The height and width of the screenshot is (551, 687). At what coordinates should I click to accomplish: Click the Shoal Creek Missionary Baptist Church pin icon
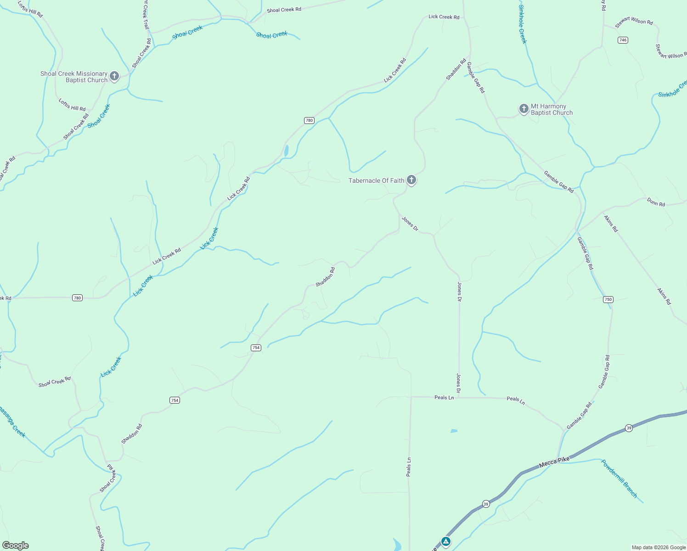tap(114, 76)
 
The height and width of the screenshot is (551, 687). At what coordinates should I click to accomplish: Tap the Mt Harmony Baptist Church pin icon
tap(524, 109)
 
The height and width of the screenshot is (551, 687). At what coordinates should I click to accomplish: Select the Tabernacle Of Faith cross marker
tap(411, 180)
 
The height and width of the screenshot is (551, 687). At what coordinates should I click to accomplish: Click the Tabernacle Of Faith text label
tap(376, 180)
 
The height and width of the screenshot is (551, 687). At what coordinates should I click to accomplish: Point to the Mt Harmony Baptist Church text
tap(552, 109)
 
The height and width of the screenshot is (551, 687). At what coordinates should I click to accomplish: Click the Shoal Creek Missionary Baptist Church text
tap(73, 77)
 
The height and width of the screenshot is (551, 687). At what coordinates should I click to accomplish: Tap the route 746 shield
tap(622, 40)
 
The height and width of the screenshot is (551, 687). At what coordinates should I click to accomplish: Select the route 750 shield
tap(608, 299)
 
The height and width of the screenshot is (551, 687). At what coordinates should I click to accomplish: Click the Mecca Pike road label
tap(554, 462)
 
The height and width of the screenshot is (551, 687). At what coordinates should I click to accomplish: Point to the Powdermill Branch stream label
tap(619, 478)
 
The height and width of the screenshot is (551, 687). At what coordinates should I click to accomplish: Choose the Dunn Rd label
tap(656, 202)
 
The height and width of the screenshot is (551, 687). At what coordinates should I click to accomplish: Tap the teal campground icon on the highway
tap(445, 542)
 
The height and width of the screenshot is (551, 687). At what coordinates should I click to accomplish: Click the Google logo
tap(16, 545)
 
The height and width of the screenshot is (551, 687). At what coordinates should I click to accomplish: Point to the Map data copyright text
tap(659, 547)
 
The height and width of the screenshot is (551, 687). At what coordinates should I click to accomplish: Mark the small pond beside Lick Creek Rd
tap(286, 151)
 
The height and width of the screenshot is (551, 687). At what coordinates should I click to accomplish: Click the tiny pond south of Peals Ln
tap(454, 431)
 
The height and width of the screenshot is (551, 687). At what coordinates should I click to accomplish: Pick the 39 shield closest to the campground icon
tap(486, 504)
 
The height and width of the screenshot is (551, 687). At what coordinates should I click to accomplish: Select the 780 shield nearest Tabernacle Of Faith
tap(309, 120)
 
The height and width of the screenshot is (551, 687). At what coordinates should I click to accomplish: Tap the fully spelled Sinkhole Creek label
tap(523, 24)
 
